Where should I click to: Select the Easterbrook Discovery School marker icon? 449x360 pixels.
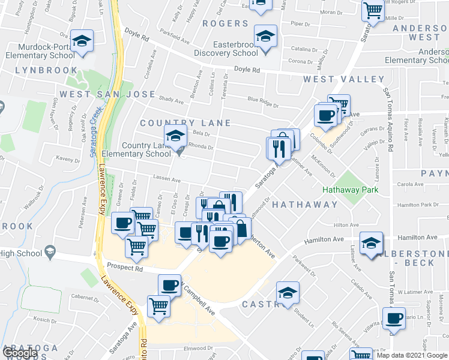[265, 37]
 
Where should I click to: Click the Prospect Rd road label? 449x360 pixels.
[125, 268]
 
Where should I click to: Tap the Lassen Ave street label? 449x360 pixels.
[168, 179]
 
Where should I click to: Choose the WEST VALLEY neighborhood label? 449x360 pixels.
[344, 79]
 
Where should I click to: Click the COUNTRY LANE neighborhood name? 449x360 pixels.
[185, 123]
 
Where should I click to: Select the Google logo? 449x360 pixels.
[20, 353]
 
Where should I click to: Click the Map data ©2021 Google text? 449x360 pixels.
[412, 355]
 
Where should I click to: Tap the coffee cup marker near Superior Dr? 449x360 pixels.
[395, 319]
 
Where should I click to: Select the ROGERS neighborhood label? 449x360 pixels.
[225, 23]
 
